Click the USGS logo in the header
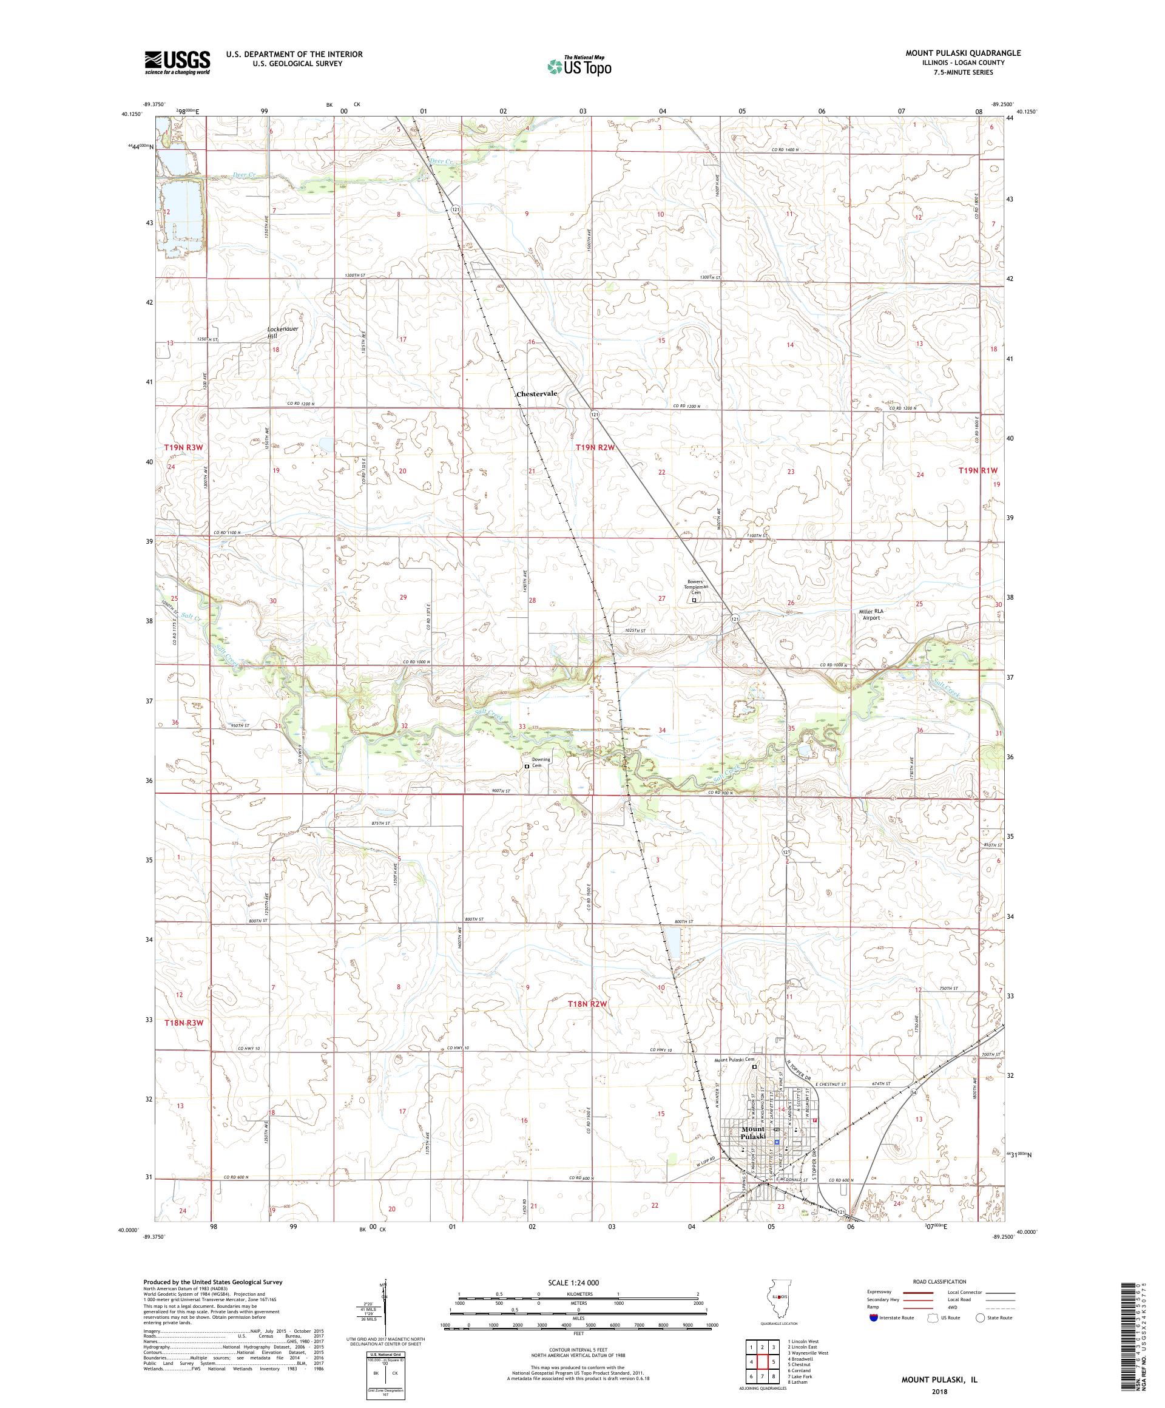pyautogui.click(x=178, y=63)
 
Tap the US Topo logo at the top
pyautogui.click(x=580, y=65)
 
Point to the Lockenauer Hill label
pyautogui.click(x=282, y=333)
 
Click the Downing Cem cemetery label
pyautogui.click(x=540, y=762)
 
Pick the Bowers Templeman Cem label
pyautogui.click(x=695, y=587)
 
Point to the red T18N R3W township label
pyautogui.click(x=184, y=1023)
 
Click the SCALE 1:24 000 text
pyautogui.click(x=578, y=1282)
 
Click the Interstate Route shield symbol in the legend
pyautogui.click(x=873, y=1317)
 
